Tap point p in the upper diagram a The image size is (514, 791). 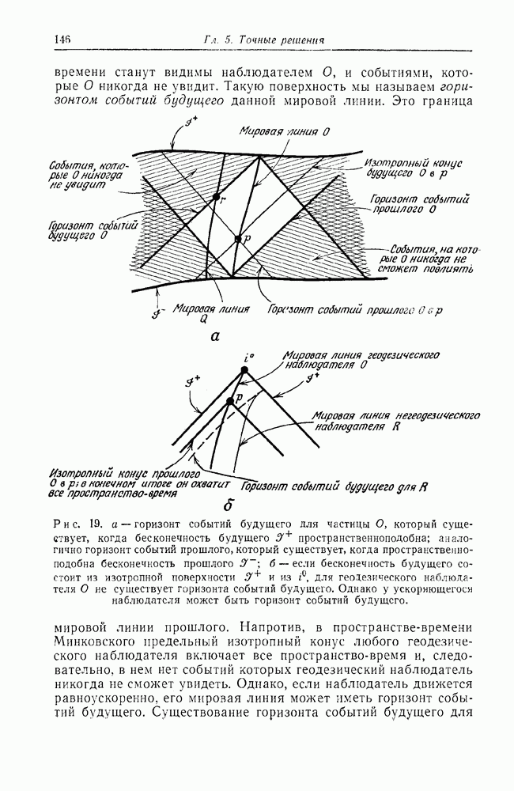236,237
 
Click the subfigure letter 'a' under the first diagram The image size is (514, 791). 214,336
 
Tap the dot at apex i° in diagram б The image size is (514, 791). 245,369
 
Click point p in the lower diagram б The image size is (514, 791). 230,401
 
